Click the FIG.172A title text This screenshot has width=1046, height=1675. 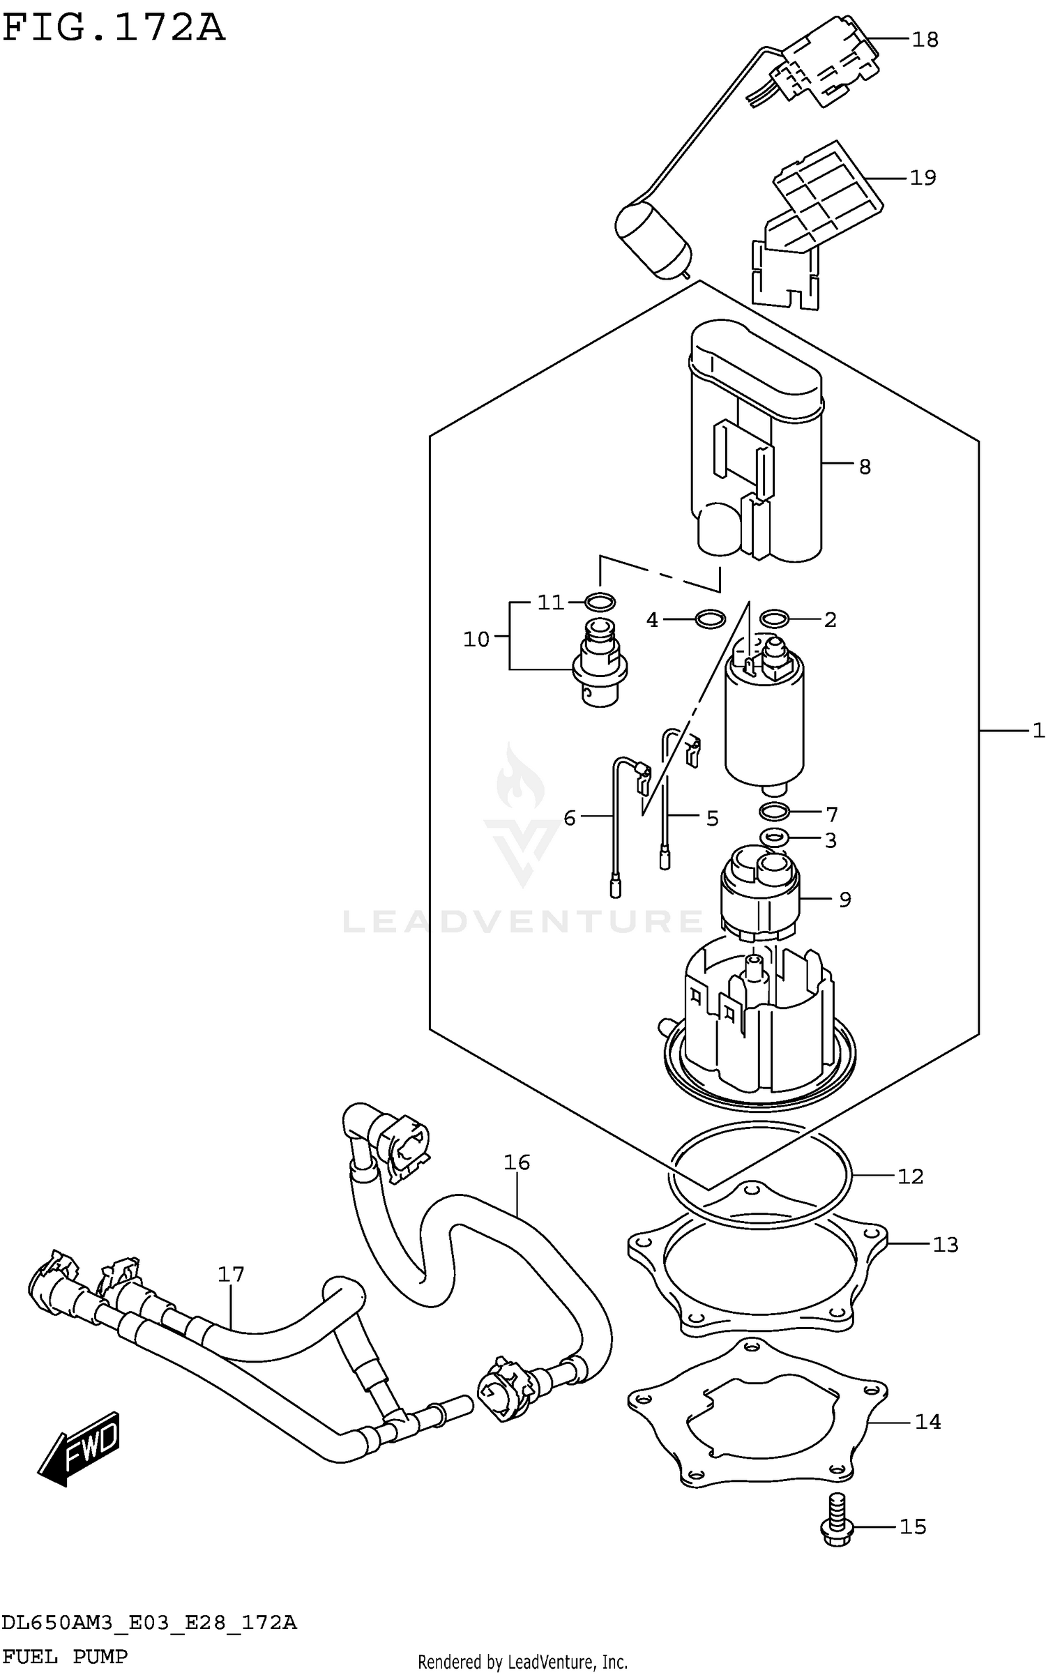(x=114, y=29)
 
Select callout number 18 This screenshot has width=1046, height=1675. (x=925, y=40)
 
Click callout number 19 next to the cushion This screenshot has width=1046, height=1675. (x=923, y=178)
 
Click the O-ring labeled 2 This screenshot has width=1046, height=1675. (x=774, y=618)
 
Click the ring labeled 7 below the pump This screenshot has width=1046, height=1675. (x=774, y=812)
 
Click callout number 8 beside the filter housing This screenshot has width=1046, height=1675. (x=865, y=467)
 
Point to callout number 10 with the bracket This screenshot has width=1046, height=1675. (x=477, y=639)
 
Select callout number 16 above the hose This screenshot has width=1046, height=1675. (x=517, y=1162)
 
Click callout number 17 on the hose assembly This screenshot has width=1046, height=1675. (x=231, y=1274)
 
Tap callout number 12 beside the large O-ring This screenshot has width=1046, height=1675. (x=910, y=1176)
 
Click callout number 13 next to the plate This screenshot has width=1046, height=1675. (x=946, y=1244)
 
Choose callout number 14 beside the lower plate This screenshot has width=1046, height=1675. (x=927, y=1421)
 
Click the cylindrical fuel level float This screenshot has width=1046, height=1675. (x=653, y=241)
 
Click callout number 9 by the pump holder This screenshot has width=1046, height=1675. (x=844, y=900)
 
